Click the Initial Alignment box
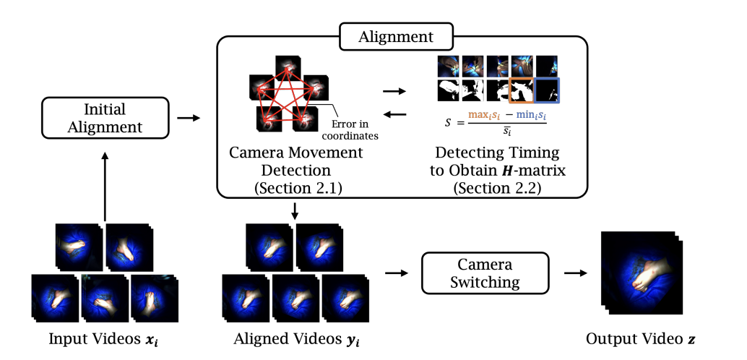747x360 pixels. coord(105,118)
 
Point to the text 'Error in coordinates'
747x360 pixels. coord(357,129)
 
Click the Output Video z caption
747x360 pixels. coord(642,338)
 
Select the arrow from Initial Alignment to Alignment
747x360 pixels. coord(188,117)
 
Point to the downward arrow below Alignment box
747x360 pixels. coord(295,210)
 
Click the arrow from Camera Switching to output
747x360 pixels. coord(575,273)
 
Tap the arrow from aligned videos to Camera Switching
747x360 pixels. coord(395,273)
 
